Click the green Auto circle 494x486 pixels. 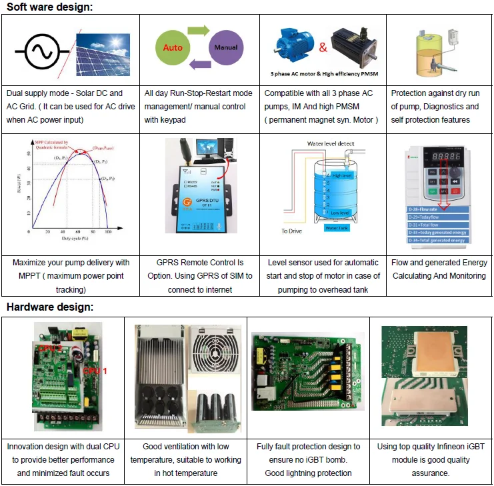[173, 48]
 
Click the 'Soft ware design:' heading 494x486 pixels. [50, 7]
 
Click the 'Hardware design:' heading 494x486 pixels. [50, 307]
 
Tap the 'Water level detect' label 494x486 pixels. [331, 143]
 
